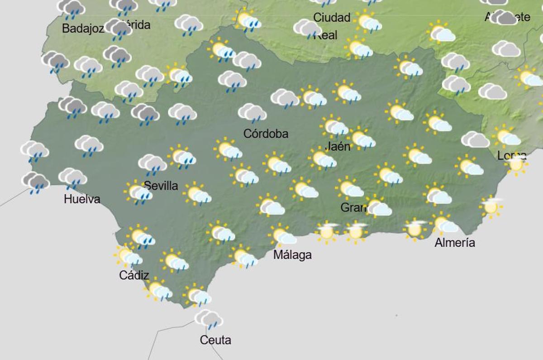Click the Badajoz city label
(x=83, y=29)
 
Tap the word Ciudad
(x=332, y=18)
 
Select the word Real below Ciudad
(x=325, y=35)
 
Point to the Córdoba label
(x=266, y=134)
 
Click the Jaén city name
(x=338, y=146)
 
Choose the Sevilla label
(x=161, y=186)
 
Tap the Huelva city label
(x=82, y=199)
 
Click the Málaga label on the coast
(x=292, y=255)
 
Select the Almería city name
(x=455, y=243)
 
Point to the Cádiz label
(x=134, y=275)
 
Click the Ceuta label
(x=215, y=340)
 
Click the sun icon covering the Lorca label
(x=516, y=164)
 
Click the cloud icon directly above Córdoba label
(x=252, y=113)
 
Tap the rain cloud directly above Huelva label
(x=72, y=178)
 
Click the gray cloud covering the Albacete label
(x=503, y=18)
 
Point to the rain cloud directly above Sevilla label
(x=152, y=163)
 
